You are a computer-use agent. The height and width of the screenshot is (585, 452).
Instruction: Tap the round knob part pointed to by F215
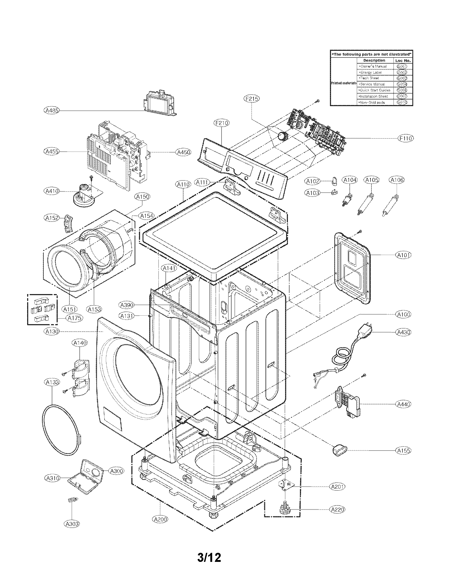[x=282, y=136]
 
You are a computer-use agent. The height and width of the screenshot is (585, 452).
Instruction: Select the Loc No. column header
[x=403, y=61]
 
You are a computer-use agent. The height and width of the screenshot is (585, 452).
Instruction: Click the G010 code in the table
[x=402, y=102]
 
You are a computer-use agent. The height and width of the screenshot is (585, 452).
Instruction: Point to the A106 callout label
[x=397, y=180]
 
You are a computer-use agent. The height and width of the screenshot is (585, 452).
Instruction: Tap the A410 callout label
[x=52, y=191]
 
